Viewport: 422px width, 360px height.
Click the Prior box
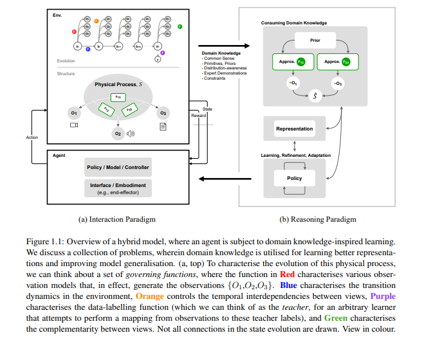coord(315,40)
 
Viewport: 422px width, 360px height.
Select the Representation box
coord(294,129)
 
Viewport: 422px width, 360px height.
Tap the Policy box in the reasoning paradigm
coord(294,177)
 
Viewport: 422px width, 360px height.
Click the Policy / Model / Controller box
coord(118,167)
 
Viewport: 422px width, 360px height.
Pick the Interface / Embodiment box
coord(118,188)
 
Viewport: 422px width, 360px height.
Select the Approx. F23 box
coord(337,62)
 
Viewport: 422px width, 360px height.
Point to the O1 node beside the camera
coord(73,113)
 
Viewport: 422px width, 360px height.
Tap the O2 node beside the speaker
coord(117,133)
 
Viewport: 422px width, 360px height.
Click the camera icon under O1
coord(73,126)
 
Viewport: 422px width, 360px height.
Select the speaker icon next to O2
coord(131,134)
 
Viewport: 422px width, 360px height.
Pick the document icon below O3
coord(163,126)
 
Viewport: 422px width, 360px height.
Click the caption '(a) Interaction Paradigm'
coord(117,219)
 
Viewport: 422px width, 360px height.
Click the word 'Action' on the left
coord(32,137)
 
